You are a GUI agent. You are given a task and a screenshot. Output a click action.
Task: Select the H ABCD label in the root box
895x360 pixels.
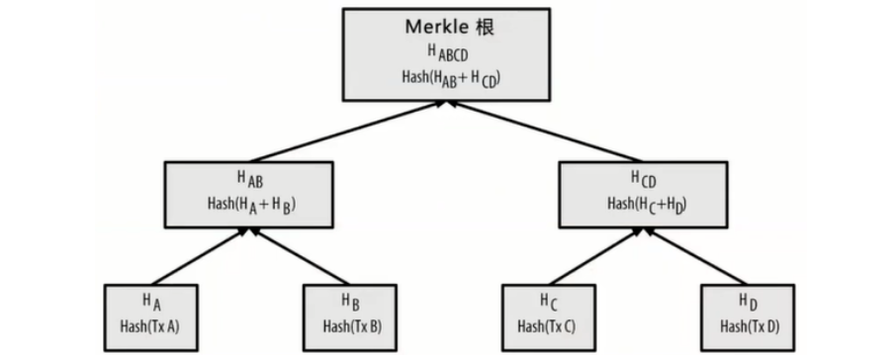[x=448, y=52]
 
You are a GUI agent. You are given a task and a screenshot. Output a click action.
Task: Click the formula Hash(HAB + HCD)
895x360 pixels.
[x=448, y=77]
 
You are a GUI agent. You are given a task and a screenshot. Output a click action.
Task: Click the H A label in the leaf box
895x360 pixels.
[x=151, y=301]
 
